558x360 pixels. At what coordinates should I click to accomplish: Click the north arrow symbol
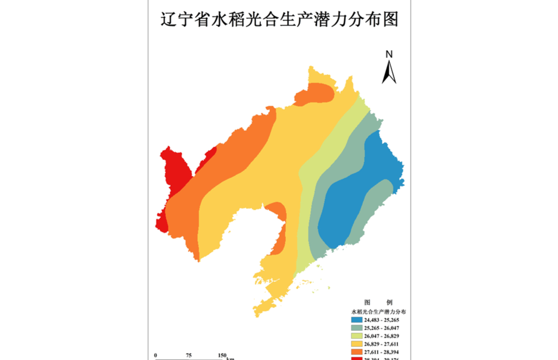[389, 72]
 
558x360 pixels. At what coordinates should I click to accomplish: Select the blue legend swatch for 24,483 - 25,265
[357, 320]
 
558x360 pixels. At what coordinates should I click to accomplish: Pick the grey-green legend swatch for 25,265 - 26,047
[357, 328]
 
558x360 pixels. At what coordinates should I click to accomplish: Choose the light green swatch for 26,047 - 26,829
[357, 336]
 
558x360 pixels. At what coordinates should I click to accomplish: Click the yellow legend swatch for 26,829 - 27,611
[357, 343]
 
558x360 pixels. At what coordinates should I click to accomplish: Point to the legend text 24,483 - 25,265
[382, 320]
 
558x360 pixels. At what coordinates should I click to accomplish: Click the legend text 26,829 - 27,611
[382, 343]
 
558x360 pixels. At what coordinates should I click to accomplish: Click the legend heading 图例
[379, 302]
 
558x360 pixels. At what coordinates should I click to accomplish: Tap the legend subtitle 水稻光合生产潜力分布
[379, 312]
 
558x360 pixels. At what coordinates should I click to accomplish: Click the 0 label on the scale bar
[156, 355]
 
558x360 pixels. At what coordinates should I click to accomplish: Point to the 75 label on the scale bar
[189, 355]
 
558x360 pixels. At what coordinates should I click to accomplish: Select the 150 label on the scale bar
[222, 355]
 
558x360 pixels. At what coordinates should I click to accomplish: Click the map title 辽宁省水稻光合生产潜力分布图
[279, 20]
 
